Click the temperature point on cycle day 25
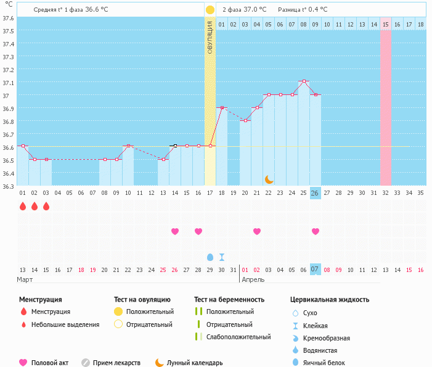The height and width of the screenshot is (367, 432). pyautogui.click(x=304, y=81)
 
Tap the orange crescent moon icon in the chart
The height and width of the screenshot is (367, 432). pyautogui.click(x=269, y=179)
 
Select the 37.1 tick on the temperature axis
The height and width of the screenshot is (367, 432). pyautogui.click(x=8, y=83)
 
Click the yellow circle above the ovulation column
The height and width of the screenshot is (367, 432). pyautogui.click(x=210, y=10)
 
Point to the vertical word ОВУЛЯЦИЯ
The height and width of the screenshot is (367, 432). pyautogui.click(x=210, y=37)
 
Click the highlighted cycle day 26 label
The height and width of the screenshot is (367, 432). pyautogui.click(x=315, y=192)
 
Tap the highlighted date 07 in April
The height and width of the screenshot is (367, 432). pyautogui.click(x=315, y=269)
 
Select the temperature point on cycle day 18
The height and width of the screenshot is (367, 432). pyautogui.click(x=222, y=107)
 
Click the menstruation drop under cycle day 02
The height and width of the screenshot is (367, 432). pyautogui.click(x=35, y=206)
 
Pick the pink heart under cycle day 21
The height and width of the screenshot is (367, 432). pyautogui.click(x=257, y=231)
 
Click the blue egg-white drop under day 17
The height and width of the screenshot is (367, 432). pyautogui.click(x=210, y=257)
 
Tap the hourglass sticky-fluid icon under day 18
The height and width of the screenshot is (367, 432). pyautogui.click(x=222, y=257)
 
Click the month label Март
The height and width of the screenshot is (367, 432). pyautogui.click(x=25, y=279)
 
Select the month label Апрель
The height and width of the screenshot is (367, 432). pyautogui.click(x=253, y=279)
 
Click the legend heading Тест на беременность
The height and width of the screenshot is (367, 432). pyautogui.click(x=229, y=299)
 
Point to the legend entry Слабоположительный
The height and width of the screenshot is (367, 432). pyautogui.click(x=238, y=337)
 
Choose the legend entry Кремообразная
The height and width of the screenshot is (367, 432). pyautogui.click(x=327, y=338)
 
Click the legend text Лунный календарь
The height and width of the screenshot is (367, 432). pyautogui.click(x=195, y=363)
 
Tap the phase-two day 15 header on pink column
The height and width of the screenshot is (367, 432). pyautogui.click(x=386, y=24)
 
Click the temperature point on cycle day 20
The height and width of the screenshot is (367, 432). pyautogui.click(x=245, y=120)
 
